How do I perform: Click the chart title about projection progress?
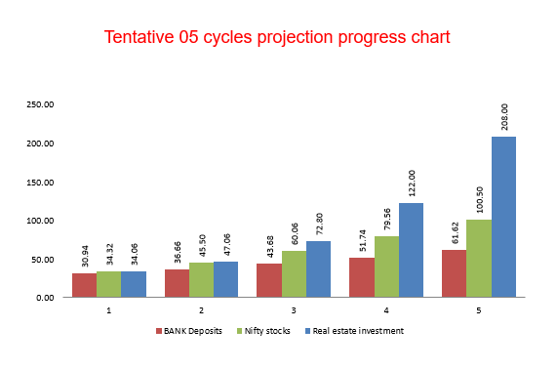[278, 39]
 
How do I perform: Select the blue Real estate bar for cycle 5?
[503, 217]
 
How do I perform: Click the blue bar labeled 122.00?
[411, 250]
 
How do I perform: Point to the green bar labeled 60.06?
[294, 274]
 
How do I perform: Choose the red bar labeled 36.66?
[177, 283]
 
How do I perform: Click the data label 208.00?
[504, 117]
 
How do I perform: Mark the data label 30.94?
[85, 255]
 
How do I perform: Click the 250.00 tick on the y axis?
[40, 104]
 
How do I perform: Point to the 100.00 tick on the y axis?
[40, 221]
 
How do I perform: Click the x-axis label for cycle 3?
[294, 309]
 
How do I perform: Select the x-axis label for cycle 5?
[479, 309]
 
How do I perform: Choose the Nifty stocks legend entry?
[266, 331]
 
